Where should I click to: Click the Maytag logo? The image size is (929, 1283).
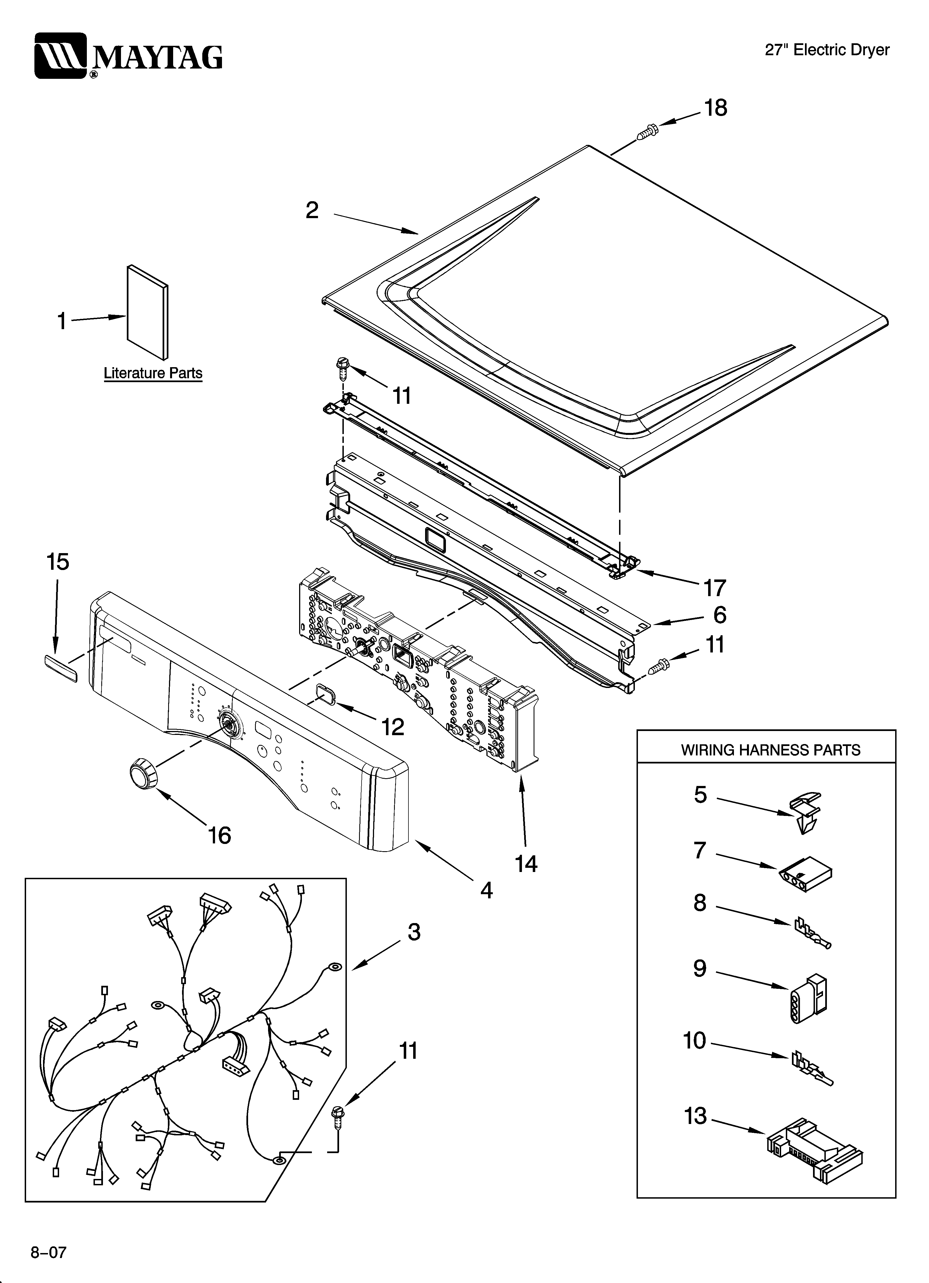coord(128,56)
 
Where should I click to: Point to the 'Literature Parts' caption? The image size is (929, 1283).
coord(153,373)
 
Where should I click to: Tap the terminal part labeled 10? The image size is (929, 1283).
coord(812,1067)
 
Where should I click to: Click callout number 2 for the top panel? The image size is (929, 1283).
coord(312,210)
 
